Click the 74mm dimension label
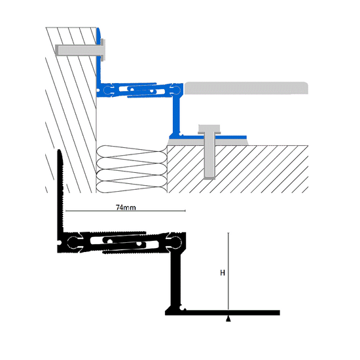[x=126, y=207]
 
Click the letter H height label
[x=223, y=273]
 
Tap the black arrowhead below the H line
[x=228, y=319]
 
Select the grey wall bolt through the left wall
[x=81, y=50]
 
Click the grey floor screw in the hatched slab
[x=209, y=152]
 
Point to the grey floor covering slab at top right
[x=246, y=88]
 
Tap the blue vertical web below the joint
[x=176, y=115]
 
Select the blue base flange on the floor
[x=207, y=137]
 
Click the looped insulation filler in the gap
[x=132, y=169]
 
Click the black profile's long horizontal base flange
[x=223, y=313]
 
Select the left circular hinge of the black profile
[x=73, y=242]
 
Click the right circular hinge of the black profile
[x=175, y=242]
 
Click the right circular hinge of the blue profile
[x=176, y=90]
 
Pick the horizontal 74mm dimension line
[x=126, y=211]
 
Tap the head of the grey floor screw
[x=209, y=129]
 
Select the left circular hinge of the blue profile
[x=107, y=90]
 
